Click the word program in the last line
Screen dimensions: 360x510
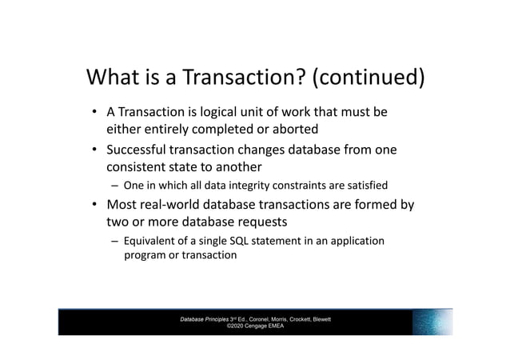141,255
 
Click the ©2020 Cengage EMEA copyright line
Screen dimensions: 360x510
255,326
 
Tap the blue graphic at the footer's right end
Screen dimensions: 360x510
432,322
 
